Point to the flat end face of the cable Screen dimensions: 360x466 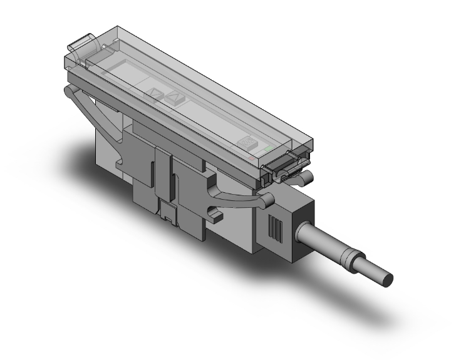coord(388,278)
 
